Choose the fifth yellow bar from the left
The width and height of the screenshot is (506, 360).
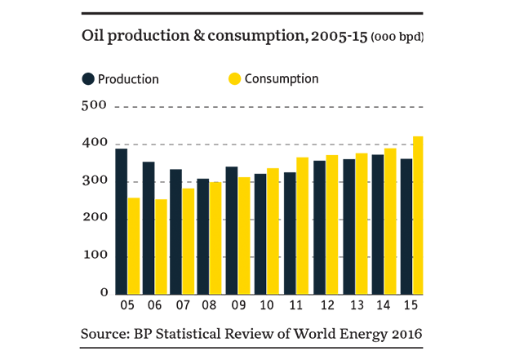tap(244, 233)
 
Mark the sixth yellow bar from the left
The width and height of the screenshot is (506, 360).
tap(273, 229)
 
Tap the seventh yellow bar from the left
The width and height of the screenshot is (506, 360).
tap(302, 224)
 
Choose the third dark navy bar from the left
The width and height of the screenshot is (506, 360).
tap(175, 237)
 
